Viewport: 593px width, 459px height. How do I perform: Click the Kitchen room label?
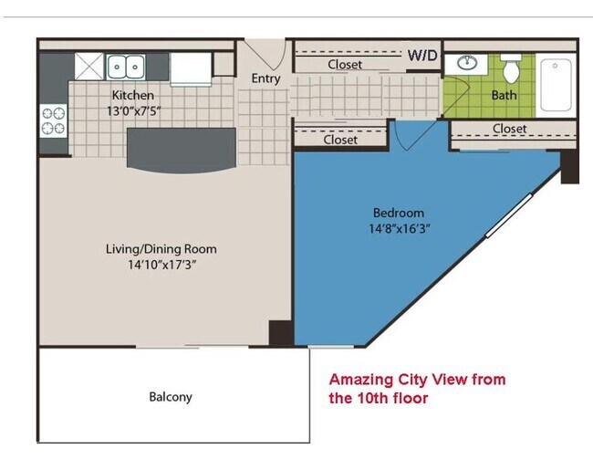click(x=133, y=95)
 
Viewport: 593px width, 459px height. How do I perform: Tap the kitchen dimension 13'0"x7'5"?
click(x=133, y=111)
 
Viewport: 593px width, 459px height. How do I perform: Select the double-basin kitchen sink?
click(x=126, y=67)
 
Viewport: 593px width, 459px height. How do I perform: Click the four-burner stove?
click(x=53, y=120)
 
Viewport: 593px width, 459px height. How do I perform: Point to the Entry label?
click(x=265, y=78)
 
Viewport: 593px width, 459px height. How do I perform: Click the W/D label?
click(x=422, y=56)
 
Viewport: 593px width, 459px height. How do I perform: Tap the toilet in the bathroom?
click(x=511, y=68)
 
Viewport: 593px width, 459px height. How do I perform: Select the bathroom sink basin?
click(x=467, y=62)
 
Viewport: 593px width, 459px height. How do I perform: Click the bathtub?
click(x=556, y=85)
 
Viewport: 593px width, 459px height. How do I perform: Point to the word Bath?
click(x=504, y=95)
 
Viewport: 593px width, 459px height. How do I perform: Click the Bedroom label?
click(x=399, y=213)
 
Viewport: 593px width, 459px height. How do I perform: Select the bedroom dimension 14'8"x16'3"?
click(x=400, y=228)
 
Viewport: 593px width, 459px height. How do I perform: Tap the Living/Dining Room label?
click(x=161, y=249)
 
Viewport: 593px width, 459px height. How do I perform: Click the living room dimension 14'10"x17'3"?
click(x=161, y=265)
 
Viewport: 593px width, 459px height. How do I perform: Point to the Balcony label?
click(x=171, y=397)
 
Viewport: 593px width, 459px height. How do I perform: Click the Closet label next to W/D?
click(x=345, y=64)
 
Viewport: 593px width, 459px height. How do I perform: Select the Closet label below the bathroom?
click(x=509, y=129)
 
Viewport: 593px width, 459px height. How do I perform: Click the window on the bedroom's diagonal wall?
click(x=509, y=215)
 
